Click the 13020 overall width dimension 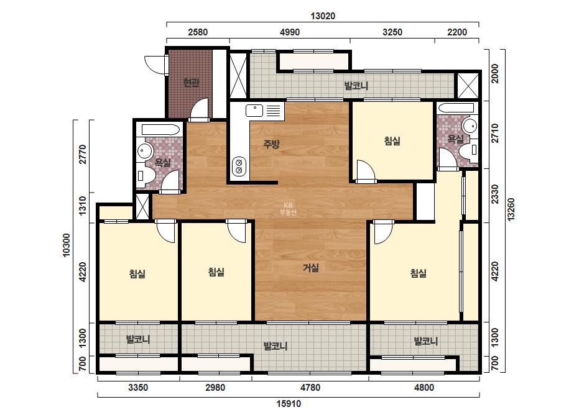(323, 16)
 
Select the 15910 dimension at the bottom (289, 404)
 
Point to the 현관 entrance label (191, 83)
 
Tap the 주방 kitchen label (272, 144)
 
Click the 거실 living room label (311, 268)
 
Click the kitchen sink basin (254, 110)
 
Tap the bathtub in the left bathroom (160, 129)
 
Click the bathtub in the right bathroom (456, 108)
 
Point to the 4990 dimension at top (290, 32)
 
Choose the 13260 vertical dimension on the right (511, 209)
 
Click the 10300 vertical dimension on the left (67, 245)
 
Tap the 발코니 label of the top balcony (356, 86)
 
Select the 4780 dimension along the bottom (310, 388)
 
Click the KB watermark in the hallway (288, 209)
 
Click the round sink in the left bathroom (145, 152)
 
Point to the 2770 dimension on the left (83, 154)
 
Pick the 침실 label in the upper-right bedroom (392, 141)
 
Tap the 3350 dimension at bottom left (138, 388)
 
